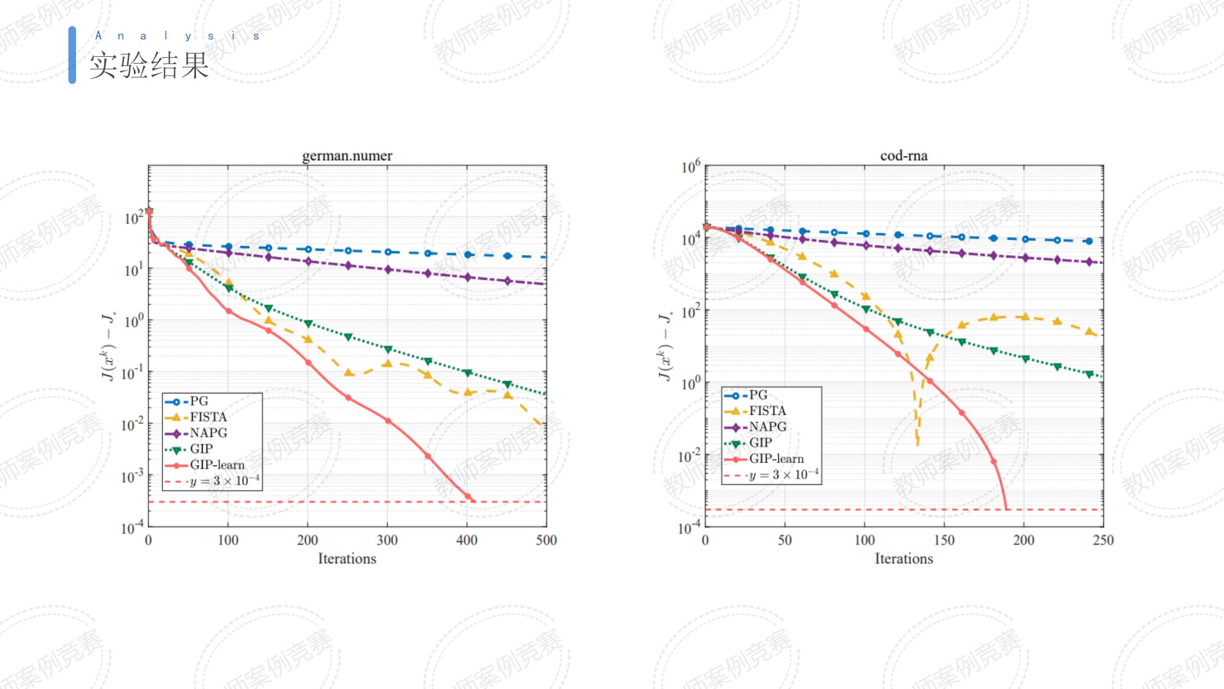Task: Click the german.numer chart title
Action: point(347,156)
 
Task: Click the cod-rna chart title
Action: point(904,156)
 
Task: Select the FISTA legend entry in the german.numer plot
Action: point(208,417)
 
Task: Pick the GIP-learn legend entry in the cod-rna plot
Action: point(776,458)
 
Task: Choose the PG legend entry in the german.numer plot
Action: point(199,401)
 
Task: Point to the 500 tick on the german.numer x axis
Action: point(546,540)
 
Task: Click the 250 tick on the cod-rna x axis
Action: point(1103,540)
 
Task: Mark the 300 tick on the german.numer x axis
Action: point(387,540)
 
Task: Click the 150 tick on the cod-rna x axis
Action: point(944,540)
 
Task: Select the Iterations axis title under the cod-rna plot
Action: point(904,558)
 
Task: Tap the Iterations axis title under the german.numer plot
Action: point(347,558)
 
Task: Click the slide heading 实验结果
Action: point(149,66)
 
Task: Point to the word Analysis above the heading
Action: point(177,36)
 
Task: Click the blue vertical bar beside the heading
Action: point(72,55)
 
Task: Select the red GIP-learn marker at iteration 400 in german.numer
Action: point(468,496)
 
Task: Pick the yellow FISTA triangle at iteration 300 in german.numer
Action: point(387,364)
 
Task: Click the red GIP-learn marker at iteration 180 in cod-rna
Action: point(994,462)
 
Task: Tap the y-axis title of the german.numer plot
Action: point(109,346)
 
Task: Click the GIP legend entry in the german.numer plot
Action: point(201,449)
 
